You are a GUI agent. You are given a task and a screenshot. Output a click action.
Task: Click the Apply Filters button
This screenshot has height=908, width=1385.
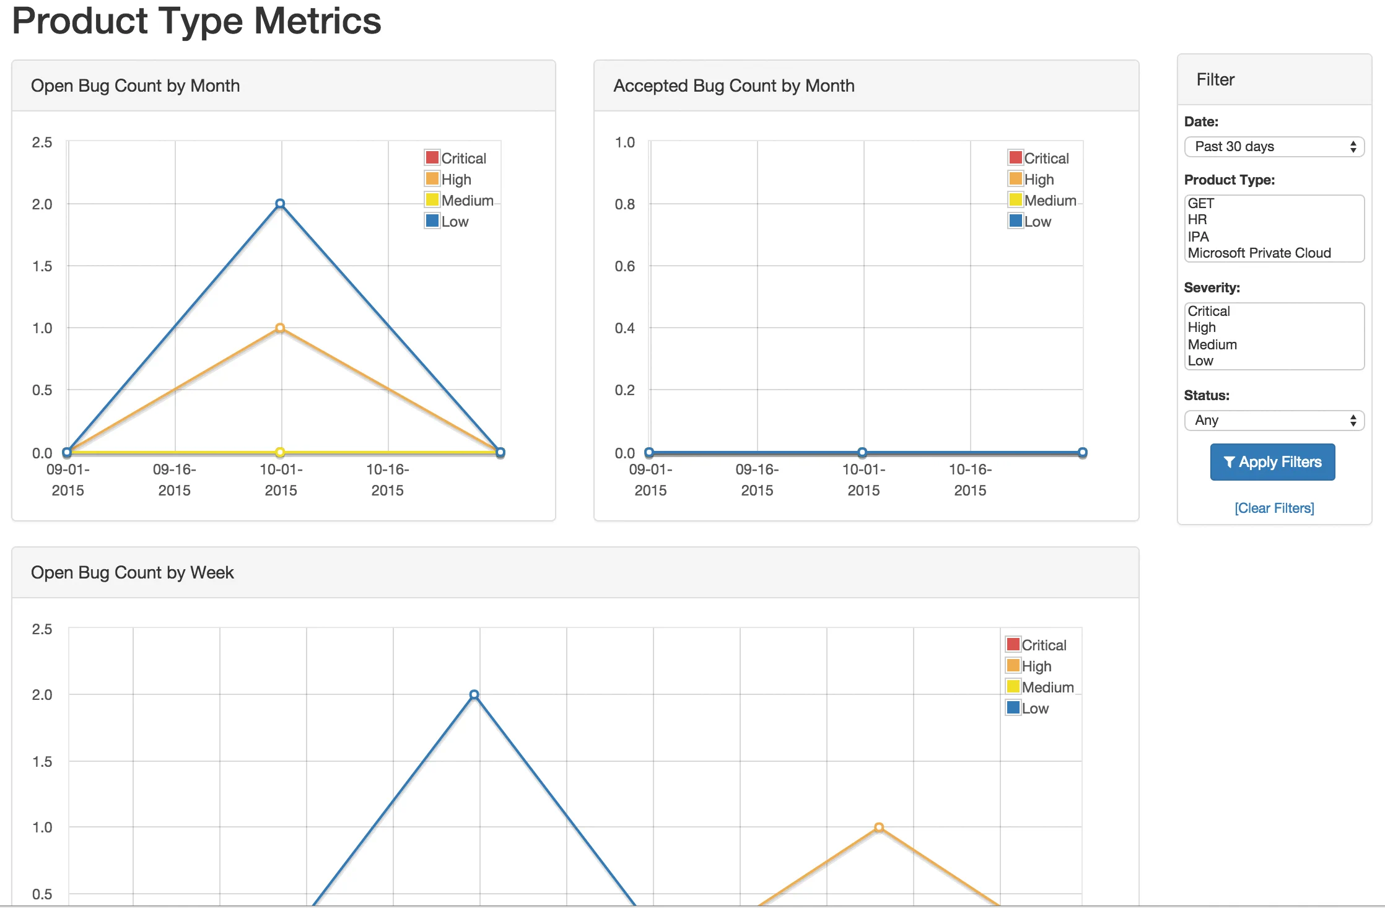(x=1272, y=462)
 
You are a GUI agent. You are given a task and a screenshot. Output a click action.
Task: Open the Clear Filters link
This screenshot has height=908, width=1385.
(x=1274, y=508)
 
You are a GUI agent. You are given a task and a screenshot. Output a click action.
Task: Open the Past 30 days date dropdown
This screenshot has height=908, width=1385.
(x=1274, y=147)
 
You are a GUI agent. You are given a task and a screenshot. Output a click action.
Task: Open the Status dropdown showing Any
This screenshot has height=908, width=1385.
(x=1274, y=421)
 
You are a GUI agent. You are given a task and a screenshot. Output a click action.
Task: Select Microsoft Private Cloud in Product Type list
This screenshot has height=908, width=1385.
(x=1259, y=253)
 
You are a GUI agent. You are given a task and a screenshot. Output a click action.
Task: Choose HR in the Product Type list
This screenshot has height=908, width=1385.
(x=1197, y=219)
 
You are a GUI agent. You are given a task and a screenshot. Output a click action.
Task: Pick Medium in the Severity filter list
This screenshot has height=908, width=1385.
(x=1212, y=344)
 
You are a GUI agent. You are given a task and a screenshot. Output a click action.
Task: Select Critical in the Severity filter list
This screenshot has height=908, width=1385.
(x=1208, y=311)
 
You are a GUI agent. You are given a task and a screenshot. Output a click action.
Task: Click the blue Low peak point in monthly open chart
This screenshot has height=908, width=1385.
(x=280, y=204)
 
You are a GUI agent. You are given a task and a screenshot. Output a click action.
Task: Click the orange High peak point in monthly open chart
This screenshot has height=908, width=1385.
(x=280, y=328)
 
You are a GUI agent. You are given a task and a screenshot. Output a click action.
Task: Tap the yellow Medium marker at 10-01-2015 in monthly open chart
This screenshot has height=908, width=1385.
(x=280, y=452)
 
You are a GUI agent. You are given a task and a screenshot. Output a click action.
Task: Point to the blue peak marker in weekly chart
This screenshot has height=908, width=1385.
(x=474, y=695)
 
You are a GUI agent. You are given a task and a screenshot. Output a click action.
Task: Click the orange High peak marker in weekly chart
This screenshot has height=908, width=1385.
(x=879, y=827)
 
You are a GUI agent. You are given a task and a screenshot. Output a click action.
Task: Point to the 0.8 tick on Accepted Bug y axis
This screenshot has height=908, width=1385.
(x=624, y=204)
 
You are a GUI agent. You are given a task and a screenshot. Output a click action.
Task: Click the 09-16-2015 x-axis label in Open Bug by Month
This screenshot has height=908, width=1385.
(x=174, y=479)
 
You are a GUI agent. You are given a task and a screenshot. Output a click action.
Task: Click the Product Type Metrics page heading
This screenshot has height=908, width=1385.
(x=196, y=21)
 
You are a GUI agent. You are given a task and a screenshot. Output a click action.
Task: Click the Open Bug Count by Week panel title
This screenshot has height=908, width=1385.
(x=133, y=572)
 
